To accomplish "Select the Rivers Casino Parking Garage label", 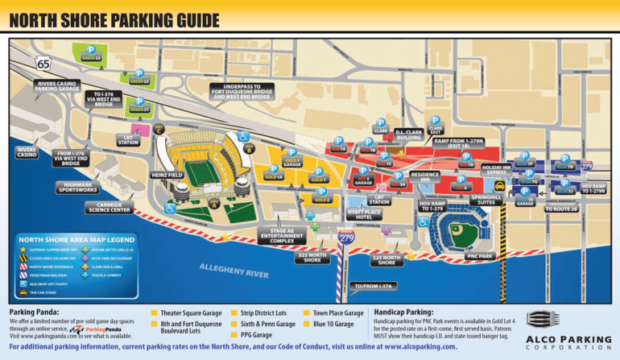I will coord(56,86).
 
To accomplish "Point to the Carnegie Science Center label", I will coord(109,208).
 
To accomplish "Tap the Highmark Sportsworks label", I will coord(78,188).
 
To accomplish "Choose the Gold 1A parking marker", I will coord(274,172).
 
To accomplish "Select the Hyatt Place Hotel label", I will coord(365,214).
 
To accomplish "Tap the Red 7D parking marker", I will coord(466,160).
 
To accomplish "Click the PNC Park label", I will coord(480,256).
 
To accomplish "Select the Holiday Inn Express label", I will coord(496,170).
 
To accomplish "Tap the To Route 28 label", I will coord(560,209).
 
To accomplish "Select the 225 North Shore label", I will coord(386,259).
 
